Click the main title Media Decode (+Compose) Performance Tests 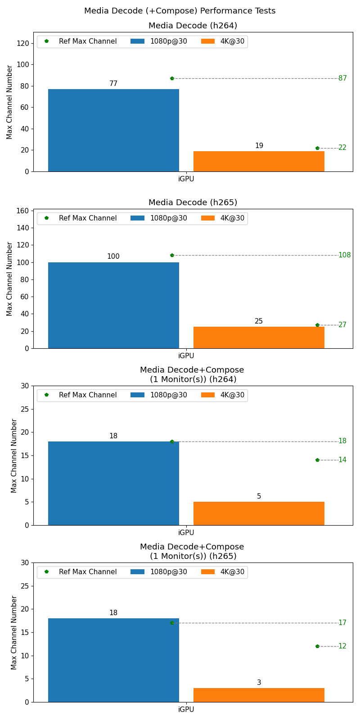click(x=180, y=11)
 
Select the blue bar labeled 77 click(x=113, y=130)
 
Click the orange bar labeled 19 click(x=259, y=161)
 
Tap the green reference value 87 click(x=342, y=78)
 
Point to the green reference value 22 click(x=342, y=148)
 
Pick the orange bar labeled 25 click(x=259, y=337)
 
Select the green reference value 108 click(x=344, y=255)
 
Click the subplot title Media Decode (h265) click(x=193, y=202)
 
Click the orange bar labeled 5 click(x=259, y=513)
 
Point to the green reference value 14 click(x=342, y=460)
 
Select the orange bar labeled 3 click(x=259, y=695)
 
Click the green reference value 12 click(x=342, y=646)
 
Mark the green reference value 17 click(x=342, y=623)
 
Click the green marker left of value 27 click(x=317, y=325)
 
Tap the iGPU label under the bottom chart click(x=186, y=710)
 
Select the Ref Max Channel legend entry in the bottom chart click(x=81, y=572)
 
